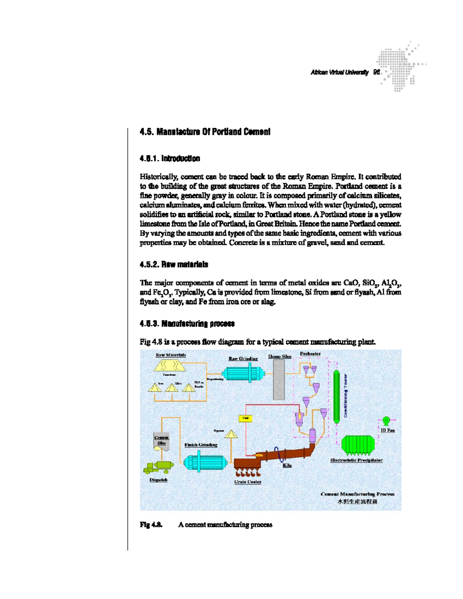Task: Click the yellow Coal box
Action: (245, 418)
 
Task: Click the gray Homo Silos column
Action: (279, 380)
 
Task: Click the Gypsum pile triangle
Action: (231, 434)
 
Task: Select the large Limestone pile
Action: (170, 366)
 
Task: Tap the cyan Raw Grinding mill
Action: (243, 373)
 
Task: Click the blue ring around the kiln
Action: (277, 454)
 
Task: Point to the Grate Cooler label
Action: (248, 482)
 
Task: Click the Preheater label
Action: (310, 354)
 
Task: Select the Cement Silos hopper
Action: (162, 442)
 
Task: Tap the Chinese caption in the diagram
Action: (357, 502)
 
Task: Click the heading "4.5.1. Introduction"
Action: (170, 159)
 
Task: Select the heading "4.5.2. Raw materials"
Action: (174, 265)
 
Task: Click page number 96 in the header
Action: (377, 72)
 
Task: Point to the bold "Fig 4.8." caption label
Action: (151, 525)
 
